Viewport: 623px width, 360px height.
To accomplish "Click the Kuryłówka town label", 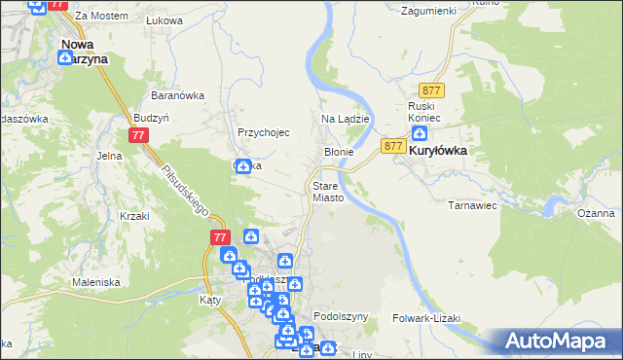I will pyautogui.click(x=438, y=153).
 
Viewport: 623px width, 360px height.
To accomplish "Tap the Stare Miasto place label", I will pyautogui.click(x=328, y=191).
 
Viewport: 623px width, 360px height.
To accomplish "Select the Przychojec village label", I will pyautogui.click(x=264, y=132).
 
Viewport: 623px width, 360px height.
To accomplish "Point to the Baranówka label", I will pyautogui.click(x=176, y=95).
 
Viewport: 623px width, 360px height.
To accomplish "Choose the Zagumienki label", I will pyautogui.click(x=429, y=10).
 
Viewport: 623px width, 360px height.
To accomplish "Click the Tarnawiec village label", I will pyautogui.click(x=473, y=206).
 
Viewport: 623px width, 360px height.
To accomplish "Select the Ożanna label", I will pyautogui.click(x=596, y=213).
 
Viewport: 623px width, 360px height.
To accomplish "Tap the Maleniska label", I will pyautogui.click(x=95, y=282).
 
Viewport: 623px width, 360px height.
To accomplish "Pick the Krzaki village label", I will pyautogui.click(x=133, y=216).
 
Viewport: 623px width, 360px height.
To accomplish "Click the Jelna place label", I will pyautogui.click(x=108, y=155).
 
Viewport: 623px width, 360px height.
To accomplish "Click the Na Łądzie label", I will pyautogui.click(x=344, y=119).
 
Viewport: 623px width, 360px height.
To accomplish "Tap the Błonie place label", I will pyautogui.click(x=338, y=153).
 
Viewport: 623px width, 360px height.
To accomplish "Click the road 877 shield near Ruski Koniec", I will pyautogui.click(x=433, y=90).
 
